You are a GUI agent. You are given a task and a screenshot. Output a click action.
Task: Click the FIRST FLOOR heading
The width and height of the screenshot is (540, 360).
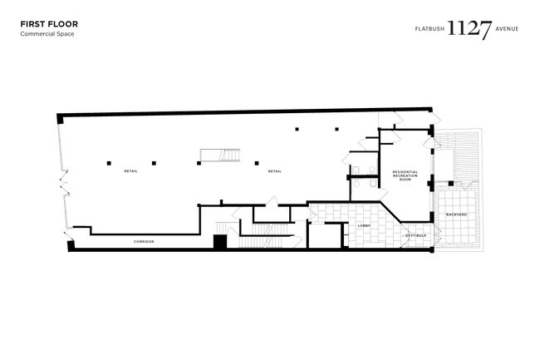(x=49, y=24)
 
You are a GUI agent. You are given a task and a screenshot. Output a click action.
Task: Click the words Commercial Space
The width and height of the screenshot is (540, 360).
(x=47, y=34)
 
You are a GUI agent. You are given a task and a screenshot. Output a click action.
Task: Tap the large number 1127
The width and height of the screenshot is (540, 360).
(x=469, y=29)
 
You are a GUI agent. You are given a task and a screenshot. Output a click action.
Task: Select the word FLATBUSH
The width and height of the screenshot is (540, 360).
(x=430, y=29)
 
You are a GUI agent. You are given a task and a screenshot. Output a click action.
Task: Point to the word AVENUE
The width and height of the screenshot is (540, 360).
(x=507, y=29)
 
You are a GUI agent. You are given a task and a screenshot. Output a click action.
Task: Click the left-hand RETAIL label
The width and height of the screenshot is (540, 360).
(x=131, y=171)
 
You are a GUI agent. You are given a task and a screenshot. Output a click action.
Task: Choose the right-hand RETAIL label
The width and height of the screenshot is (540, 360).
(x=275, y=171)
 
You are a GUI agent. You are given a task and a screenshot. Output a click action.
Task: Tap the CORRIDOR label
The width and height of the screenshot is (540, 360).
(x=144, y=242)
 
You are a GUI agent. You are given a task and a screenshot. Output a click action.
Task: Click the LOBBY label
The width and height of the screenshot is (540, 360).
(x=364, y=225)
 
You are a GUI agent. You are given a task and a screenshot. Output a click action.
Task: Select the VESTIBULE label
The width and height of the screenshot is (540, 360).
(x=416, y=235)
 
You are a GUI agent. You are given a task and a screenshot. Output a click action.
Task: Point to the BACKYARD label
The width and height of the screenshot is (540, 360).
(x=457, y=215)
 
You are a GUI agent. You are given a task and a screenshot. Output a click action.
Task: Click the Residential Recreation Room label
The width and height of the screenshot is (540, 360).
(x=405, y=175)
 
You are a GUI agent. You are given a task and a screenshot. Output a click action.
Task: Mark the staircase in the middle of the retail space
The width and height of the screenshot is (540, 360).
(x=220, y=155)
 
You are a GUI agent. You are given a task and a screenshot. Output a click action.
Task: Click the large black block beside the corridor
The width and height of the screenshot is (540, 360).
(x=220, y=241)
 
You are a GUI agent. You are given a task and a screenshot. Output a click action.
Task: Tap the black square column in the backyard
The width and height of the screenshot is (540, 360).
(x=451, y=183)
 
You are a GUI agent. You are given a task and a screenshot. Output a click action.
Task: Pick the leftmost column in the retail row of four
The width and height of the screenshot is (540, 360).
(x=109, y=163)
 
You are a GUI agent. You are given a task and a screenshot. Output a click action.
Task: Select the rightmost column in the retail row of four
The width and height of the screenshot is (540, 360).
(x=257, y=163)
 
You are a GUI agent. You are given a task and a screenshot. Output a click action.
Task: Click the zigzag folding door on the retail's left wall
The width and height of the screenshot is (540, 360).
(x=65, y=183)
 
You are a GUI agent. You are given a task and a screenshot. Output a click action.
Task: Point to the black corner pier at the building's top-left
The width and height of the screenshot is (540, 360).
(x=60, y=119)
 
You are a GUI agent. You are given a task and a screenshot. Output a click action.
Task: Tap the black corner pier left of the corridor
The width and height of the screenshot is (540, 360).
(x=71, y=246)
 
